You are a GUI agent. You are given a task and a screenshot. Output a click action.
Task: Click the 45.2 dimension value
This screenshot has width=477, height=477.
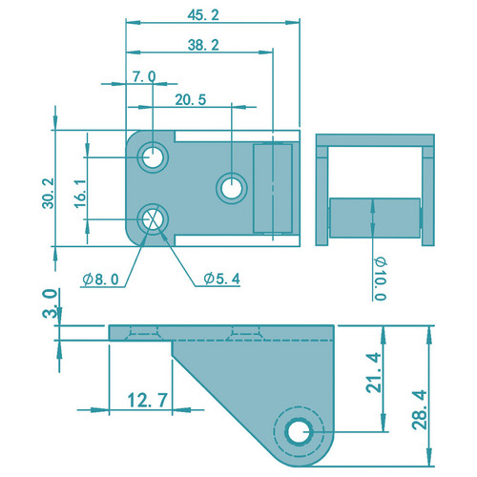point(203,15)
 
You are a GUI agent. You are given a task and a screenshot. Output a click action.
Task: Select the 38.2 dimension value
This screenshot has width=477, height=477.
point(203,45)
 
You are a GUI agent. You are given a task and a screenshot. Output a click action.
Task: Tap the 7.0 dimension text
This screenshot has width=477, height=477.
point(144,76)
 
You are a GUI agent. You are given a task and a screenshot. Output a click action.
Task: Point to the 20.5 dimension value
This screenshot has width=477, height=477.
point(191,100)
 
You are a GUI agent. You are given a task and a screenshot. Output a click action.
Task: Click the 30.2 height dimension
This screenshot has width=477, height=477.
point(49,193)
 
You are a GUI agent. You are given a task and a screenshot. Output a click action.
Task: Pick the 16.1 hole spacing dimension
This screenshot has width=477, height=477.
point(80,194)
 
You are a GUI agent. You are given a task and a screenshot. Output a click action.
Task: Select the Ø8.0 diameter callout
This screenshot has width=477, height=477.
point(100,280)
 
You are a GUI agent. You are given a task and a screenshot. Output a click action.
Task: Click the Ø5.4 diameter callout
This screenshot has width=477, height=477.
point(222,279)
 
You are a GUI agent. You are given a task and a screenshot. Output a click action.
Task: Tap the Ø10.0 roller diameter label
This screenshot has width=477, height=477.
point(381,279)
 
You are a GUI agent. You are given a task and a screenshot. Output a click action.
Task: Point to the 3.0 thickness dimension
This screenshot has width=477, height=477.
point(50,303)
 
